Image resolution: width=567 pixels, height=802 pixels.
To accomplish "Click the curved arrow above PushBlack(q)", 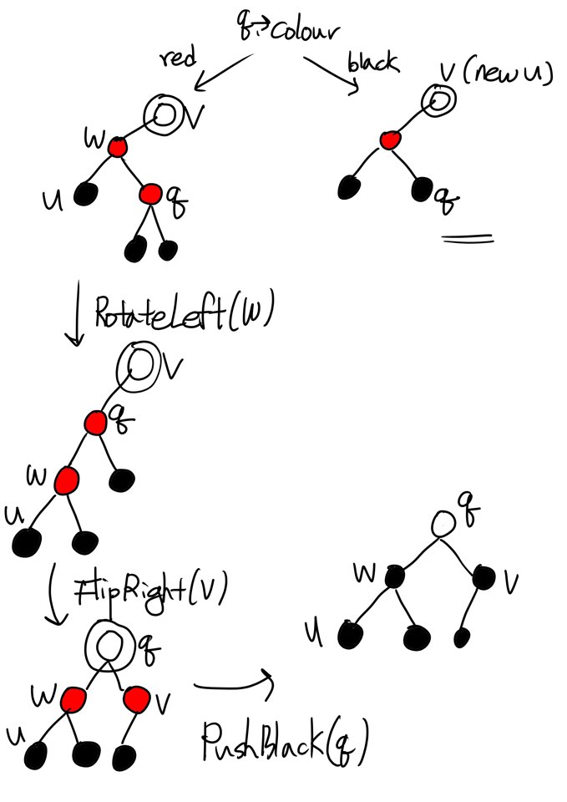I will tap(233, 683).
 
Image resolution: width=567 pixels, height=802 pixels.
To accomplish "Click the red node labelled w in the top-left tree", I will tap(117, 148).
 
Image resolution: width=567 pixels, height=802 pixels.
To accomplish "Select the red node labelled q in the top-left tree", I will tap(150, 195).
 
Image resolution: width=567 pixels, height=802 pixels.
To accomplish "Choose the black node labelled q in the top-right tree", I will tap(422, 189).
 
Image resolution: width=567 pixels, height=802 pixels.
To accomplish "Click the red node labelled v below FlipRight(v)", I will tap(138, 698).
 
